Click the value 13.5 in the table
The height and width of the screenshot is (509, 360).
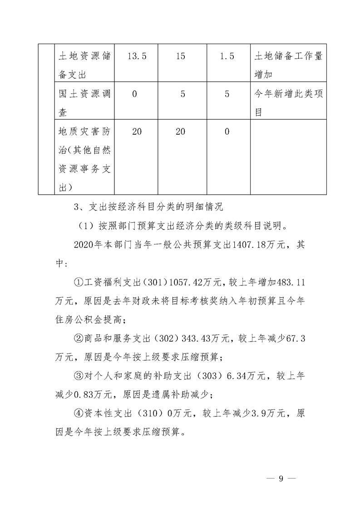(136, 56)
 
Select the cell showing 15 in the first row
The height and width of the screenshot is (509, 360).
(180, 56)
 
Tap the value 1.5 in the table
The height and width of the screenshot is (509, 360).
(227, 56)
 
